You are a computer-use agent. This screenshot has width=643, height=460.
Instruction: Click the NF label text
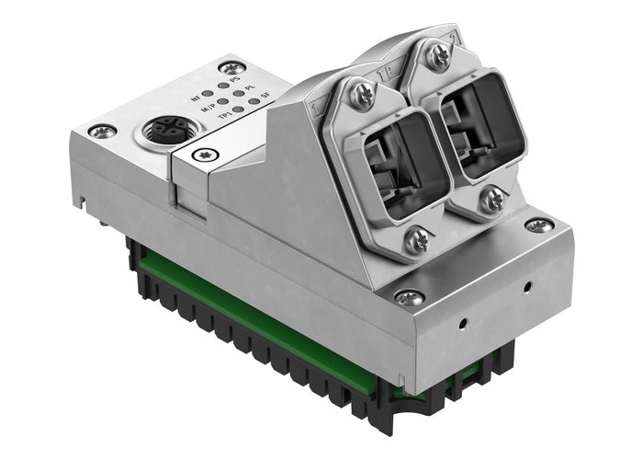click(x=195, y=97)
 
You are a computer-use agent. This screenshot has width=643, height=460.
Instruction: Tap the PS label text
click(x=235, y=81)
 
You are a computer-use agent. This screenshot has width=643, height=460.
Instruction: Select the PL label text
click(x=250, y=88)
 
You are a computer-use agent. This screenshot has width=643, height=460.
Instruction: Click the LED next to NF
click(x=209, y=93)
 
